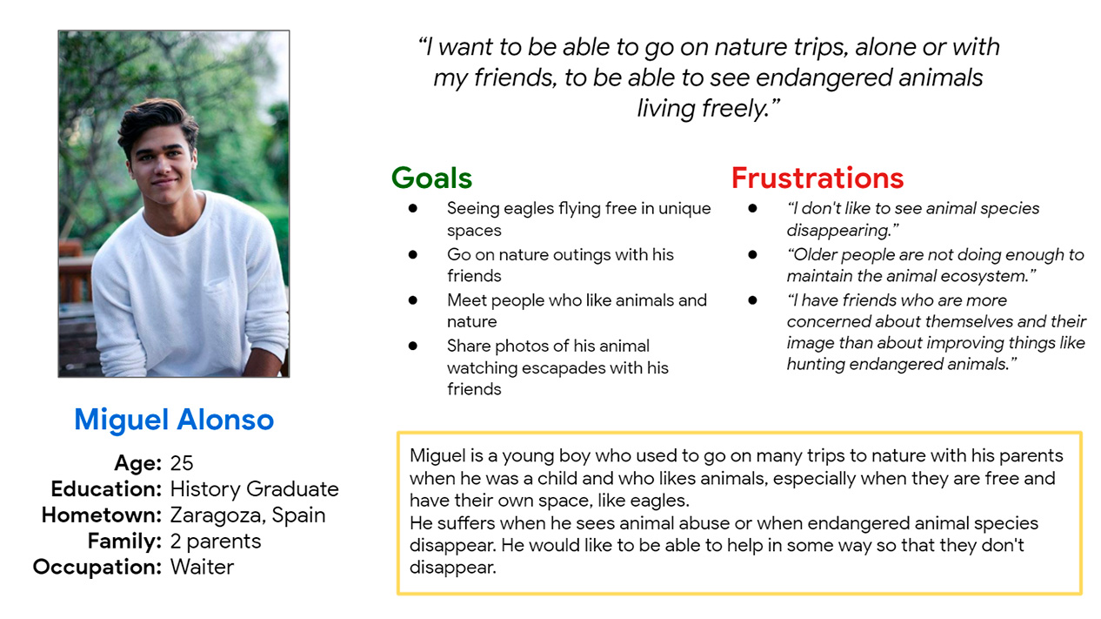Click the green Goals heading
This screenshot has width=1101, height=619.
(x=431, y=178)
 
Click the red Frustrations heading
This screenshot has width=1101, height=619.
(x=817, y=178)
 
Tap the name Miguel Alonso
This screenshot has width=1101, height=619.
(x=174, y=420)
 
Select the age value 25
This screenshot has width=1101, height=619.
(x=182, y=463)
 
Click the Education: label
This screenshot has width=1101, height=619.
(x=106, y=489)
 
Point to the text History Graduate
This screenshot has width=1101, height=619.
(x=254, y=489)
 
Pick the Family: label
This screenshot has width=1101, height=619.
(x=125, y=542)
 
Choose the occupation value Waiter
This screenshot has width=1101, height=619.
(x=202, y=567)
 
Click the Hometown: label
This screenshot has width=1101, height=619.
(x=102, y=515)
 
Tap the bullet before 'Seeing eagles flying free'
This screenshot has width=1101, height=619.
(x=413, y=209)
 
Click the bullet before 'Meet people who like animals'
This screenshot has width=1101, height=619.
(x=413, y=300)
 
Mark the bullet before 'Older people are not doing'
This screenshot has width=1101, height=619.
(x=752, y=254)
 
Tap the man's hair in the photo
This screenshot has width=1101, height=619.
(x=157, y=120)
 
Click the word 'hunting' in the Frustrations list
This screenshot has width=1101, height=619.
(x=816, y=365)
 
